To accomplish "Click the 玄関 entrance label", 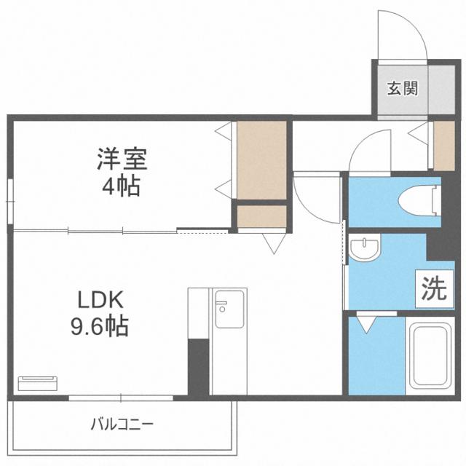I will (x=401, y=90).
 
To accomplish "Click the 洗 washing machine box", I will (x=431, y=290).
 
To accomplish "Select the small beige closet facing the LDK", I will (x=261, y=217).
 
